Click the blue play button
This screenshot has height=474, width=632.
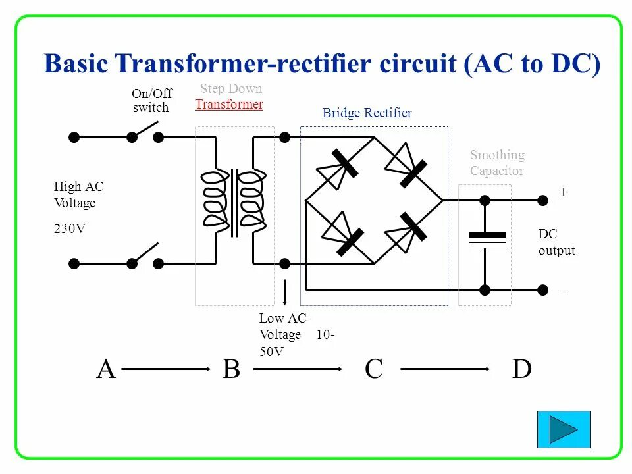[564, 429]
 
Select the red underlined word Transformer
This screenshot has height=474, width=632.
[229, 104]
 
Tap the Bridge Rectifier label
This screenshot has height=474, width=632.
[367, 113]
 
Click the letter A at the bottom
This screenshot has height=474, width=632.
[105, 369]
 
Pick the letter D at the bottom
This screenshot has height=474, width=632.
[521, 369]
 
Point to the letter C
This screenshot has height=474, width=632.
[373, 369]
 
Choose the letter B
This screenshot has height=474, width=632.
[231, 369]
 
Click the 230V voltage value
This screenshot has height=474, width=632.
[70, 229]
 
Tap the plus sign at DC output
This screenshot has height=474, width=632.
[563, 192]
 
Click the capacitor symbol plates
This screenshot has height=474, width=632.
[487, 240]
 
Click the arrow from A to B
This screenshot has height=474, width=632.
[165, 370]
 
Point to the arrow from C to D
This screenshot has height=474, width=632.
[446, 370]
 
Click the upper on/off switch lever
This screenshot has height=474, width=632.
[145, 129]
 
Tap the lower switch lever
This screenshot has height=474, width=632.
[145, 255]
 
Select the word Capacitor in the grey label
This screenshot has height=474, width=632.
[497, 171]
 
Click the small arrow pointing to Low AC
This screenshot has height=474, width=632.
[284, 292]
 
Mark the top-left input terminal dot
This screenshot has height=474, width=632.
[74, 138]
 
